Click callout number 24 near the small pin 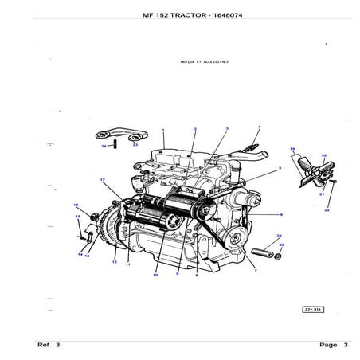point(103,147)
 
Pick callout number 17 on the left point(103,181)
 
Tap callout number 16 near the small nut point(76,205)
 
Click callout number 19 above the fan point(292,149)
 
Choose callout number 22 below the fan point(327,210)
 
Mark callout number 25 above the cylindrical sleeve point(278,236)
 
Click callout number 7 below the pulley point(254,272)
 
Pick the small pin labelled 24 point(115,144)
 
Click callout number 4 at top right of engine point(259,127)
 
